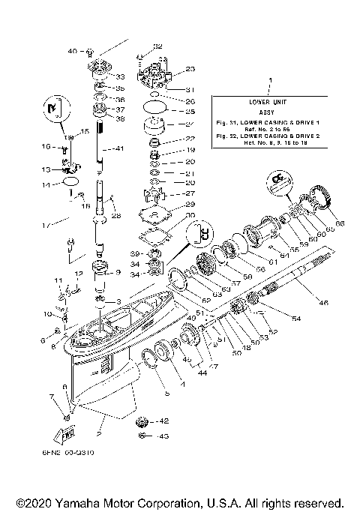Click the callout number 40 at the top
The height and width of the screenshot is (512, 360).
coord(72,51)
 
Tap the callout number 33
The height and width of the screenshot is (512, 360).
coord(118,76)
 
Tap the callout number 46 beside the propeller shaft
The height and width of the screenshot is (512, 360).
coord(324,303)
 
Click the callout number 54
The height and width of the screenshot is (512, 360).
coord(295,319)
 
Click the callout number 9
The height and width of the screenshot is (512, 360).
coord(117,271)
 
